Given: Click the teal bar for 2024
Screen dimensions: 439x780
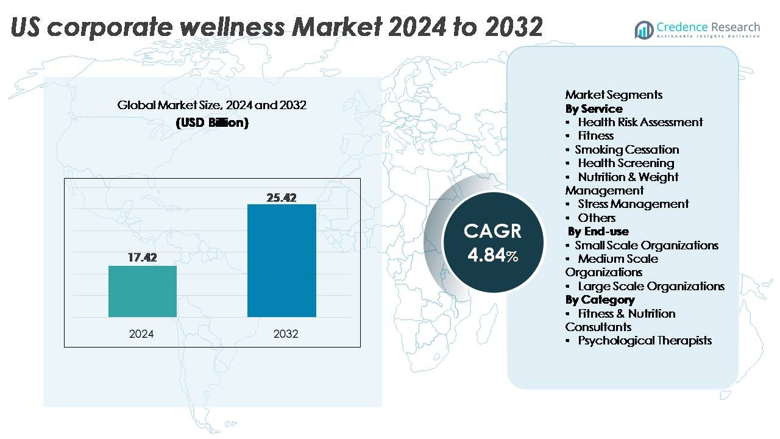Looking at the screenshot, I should pos(143,291).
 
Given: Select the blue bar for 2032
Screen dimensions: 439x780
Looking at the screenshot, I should pos(282,260).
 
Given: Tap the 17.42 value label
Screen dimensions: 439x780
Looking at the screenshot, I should pos(142,258).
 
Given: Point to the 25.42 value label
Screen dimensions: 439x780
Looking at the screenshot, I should pos(282,198).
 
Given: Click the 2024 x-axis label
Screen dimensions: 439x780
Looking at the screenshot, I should pos(141,334).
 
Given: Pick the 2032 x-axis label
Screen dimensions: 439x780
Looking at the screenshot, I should pos(286,334).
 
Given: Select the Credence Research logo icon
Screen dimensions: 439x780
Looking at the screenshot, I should pos(644,29).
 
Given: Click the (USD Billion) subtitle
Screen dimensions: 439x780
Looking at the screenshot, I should pos(212,123).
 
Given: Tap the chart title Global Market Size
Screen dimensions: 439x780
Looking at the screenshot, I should pos(212,105).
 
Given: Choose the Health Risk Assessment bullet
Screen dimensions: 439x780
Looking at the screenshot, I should pos(640,122).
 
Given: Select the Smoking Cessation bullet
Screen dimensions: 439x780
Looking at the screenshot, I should pos(626,149).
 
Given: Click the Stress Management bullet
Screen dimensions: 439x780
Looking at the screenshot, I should pos(633,204).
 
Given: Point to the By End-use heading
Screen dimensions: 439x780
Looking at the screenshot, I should pos(598,231).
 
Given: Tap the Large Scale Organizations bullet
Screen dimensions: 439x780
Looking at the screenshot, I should pos(651,286).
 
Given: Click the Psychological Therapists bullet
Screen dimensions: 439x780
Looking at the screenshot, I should pos(644,340).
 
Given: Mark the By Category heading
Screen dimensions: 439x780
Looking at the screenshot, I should pos(600,299).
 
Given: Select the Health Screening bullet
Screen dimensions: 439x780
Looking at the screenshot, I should pos(626,163).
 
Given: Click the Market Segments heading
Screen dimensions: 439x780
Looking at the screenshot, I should pos(614,95).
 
